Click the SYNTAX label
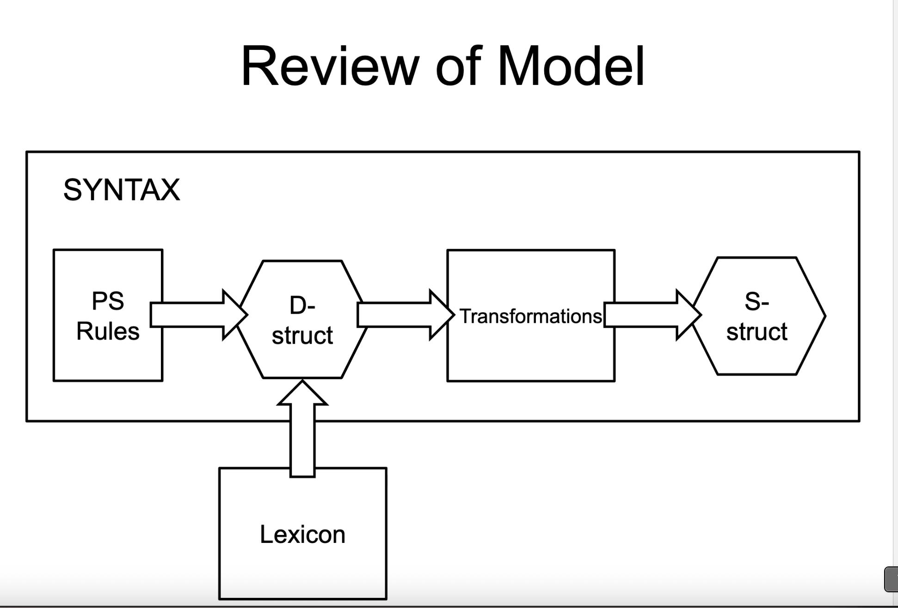pos(122,189)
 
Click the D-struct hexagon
pos(302,360)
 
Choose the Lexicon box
pos(302,568)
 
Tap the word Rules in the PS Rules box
pos(108,331)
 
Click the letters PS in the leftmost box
pos(108,301)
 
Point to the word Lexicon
pos(302,535)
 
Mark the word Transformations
pos(530,316)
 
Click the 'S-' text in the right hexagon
pos(757,302)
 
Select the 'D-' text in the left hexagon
pos(302,305)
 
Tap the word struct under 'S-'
pos(757,332)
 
